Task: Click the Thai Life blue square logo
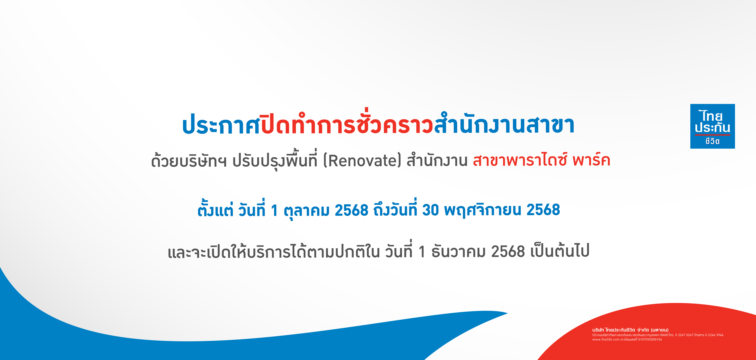[712, 126]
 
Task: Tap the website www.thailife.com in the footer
[606, 339]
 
